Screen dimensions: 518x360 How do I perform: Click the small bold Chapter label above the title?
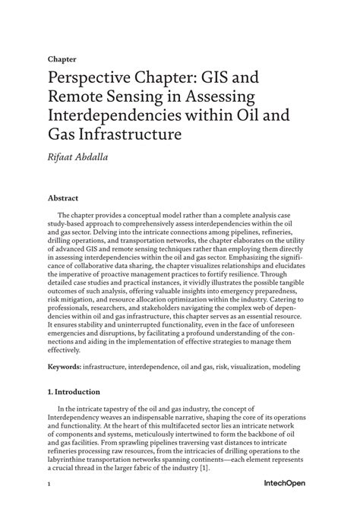click(x=62, y=58)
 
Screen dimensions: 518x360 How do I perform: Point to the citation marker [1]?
click(x=204, y=469)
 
